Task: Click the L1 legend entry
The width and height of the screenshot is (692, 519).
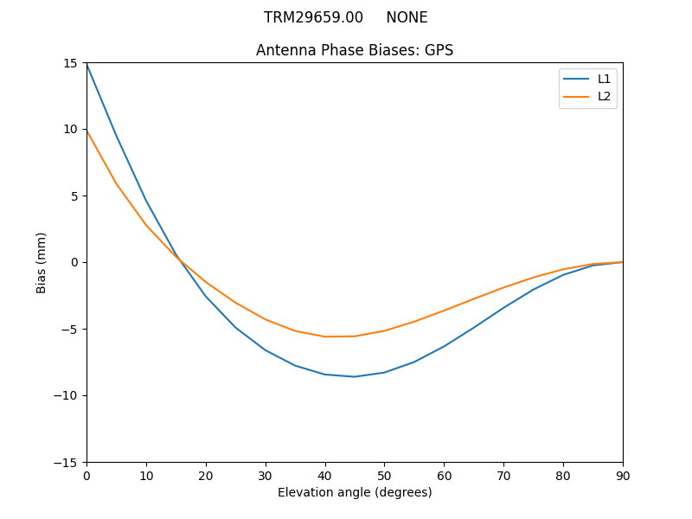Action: click(x=604, y=79)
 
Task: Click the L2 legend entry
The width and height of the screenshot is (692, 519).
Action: click(x=604, y=96)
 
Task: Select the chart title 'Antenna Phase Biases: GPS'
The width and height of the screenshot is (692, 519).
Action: click(x=355, y=50)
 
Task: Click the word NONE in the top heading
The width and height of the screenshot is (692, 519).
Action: click(x=407, y=17)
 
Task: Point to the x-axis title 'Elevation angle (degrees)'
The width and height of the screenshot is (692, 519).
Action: click(x=355, y=493)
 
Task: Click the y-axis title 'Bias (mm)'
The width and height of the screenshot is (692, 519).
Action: click(x=42, y=262)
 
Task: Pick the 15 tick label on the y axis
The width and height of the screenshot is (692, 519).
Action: click(x=70, y=63)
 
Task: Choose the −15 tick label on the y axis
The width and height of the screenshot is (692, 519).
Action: click(x=67, y=462)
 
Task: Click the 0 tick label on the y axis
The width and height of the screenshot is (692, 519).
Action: click(x=74, y=262)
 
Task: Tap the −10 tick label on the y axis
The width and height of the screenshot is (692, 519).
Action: click(x=67, y=395)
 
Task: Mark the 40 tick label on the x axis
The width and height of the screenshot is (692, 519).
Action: click(x=325, y=475)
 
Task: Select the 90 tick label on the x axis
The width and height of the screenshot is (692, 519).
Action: click(x=623, y=475)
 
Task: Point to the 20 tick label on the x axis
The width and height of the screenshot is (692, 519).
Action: click(x=206, y=475)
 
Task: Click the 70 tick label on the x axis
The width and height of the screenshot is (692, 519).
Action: click(x=503, y=475)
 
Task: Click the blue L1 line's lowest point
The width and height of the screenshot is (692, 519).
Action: click(x=355, y=376)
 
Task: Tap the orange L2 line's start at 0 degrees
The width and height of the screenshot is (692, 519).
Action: click(x=86, y=131)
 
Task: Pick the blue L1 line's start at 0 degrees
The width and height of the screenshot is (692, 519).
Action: click(x=86, y=64)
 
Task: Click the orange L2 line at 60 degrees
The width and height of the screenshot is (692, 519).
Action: click(x=444, y=311)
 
